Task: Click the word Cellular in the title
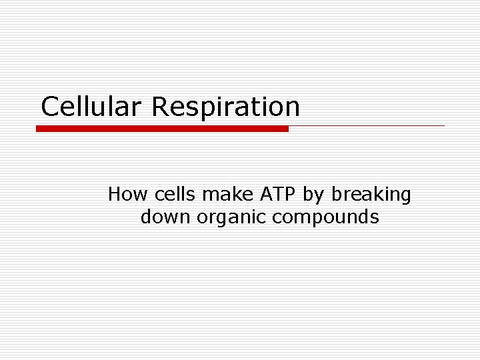[x=93, y=106]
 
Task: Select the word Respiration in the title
[x=226, y=107]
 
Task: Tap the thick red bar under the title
[x=162, y=129]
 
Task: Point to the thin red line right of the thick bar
[x=367, y=125]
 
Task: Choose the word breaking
[x=371, y=195]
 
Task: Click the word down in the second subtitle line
[x=166, y=217]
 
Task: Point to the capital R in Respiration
[x=161, y=107]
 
